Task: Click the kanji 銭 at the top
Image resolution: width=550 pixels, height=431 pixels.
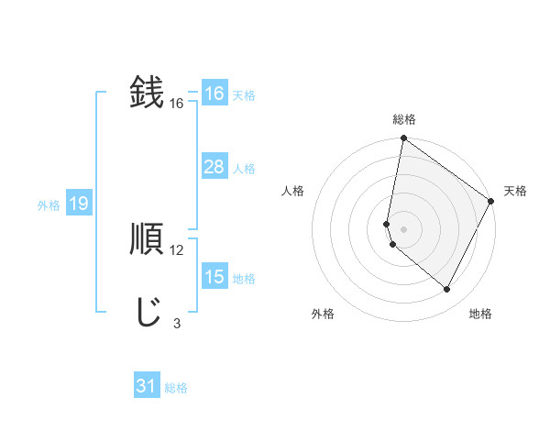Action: coord(147,94)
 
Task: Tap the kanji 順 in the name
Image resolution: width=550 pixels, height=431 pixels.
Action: coord(147,240)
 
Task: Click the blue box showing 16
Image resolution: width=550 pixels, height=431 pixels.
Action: coord(214,94)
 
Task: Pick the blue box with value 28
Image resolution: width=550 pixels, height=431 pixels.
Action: coord(214,167)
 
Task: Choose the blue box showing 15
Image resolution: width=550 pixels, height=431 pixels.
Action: coord(214,277)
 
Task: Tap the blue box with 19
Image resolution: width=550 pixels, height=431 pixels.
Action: coord(78,204)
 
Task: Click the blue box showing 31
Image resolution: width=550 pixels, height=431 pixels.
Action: coord(147,386)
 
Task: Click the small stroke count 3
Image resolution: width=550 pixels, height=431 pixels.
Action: coord(177,323)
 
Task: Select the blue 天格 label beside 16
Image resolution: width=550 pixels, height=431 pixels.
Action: coord(244,95)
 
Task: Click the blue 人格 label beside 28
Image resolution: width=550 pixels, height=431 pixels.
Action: coord(244,169)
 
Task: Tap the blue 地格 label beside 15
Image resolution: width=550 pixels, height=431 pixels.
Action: coord(244,279)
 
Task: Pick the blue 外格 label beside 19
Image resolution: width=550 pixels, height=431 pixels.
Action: coord(49,205)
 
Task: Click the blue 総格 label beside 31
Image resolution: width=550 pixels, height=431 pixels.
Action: coord(176,388)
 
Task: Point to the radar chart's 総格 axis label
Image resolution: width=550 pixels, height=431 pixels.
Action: coord(404,119)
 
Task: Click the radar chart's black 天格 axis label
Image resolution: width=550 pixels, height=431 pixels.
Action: coord(515,191)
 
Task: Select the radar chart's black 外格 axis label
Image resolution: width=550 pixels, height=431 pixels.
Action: coord(323,314)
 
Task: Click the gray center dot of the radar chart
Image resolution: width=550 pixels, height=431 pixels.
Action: coord(404,228)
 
